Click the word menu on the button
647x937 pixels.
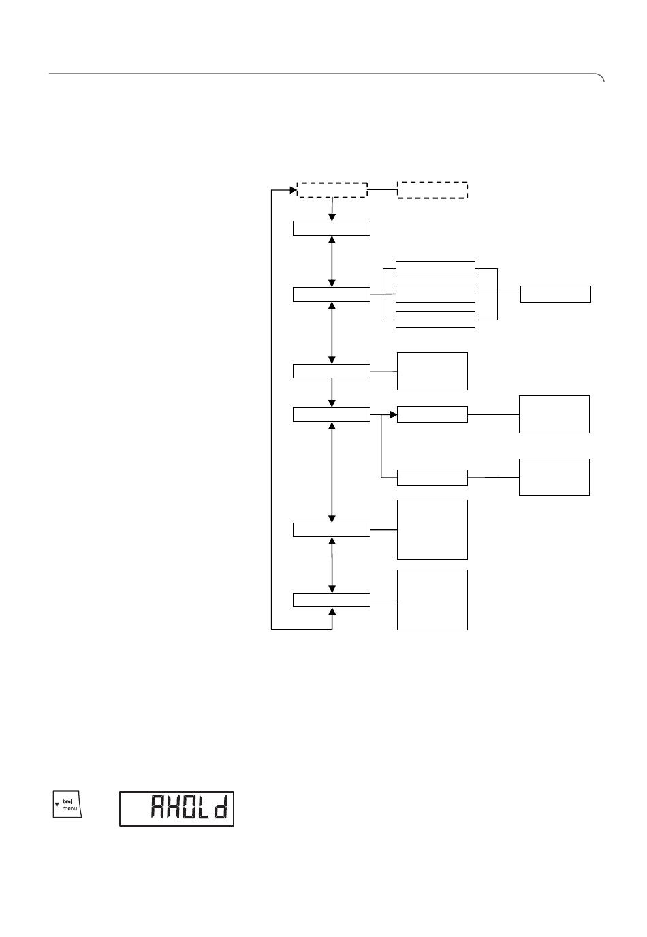click(x=69, y=808)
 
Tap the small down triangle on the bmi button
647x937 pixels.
click(x=57, y=805)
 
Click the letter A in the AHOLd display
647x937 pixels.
click(x=157, y=806)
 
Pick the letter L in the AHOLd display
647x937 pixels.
click(x=205, y=806)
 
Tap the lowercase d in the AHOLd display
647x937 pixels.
click(x=221, y=806)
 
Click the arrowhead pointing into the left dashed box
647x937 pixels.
click(x=294, y=190)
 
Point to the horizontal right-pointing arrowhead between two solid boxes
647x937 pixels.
click(x=394, y=414)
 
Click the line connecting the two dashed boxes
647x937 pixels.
click(x=383, y=190)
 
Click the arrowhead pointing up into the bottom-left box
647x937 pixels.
click(x=332, y=611)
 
